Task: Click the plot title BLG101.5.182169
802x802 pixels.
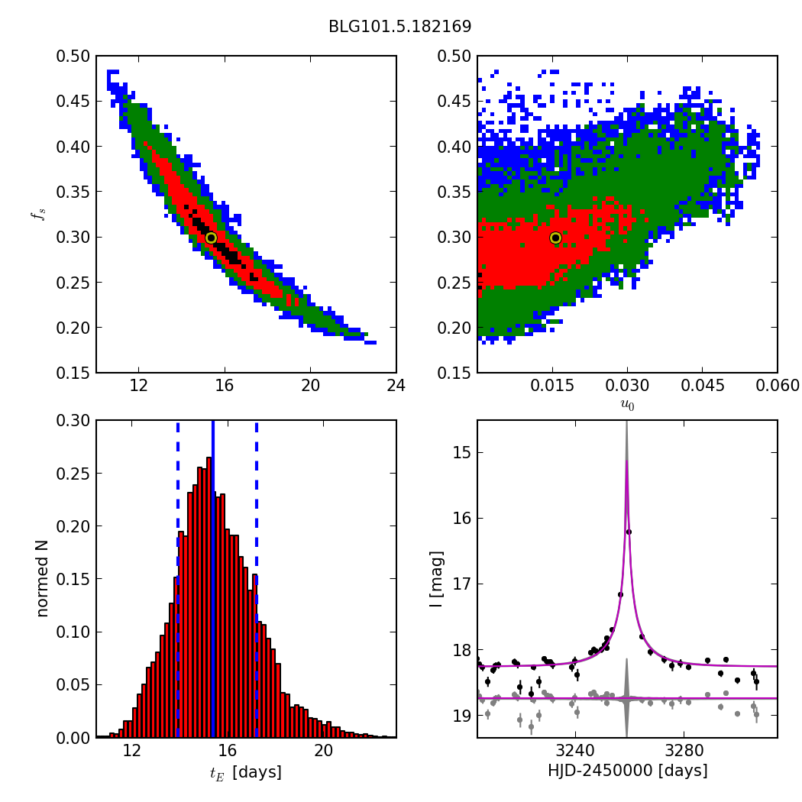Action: point(399,27)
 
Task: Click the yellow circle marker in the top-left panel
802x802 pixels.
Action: point(211,238)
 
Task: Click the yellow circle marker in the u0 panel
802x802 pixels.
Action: point(555,238)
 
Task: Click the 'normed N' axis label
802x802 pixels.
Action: point(43,578)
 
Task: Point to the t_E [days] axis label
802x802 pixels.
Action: point(245,772)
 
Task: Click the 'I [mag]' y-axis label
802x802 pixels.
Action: point(436,579)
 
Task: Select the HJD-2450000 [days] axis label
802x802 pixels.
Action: point(627,771)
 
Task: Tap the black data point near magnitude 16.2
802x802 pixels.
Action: point(629,532)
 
